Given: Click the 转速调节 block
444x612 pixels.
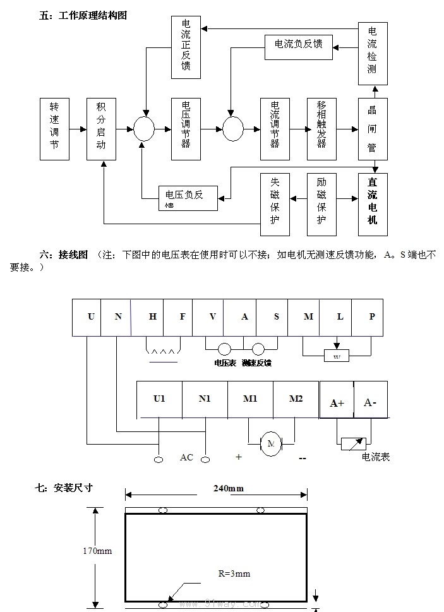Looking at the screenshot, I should (x=54, y=129).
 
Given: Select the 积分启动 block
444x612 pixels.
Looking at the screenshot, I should (x=101, y=129).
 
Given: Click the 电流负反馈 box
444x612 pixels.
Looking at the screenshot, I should (x=299, y=44).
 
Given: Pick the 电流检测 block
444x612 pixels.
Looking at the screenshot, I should (x=372, y=53).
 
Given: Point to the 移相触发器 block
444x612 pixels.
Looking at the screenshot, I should (x=321, y=129).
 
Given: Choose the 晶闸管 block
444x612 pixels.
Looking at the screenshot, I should (x=372, y=129).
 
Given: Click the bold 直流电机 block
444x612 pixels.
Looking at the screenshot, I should (x=372, y=204).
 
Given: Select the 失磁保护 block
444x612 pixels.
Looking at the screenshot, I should (x=275, y=204).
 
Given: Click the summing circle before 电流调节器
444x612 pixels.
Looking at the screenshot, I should (x=232, y=129).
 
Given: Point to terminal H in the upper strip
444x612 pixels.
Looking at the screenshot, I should (x=153, y=316).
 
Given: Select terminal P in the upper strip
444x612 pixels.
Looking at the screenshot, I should (x=371, y=316).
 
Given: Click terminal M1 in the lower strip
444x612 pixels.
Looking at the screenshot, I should (x=250, y=399).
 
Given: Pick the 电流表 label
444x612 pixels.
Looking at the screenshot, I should (x=376, y=457).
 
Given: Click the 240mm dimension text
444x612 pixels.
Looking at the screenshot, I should (x=229, y=488).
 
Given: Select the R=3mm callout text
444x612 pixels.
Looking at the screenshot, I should (x=234, y=573).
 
